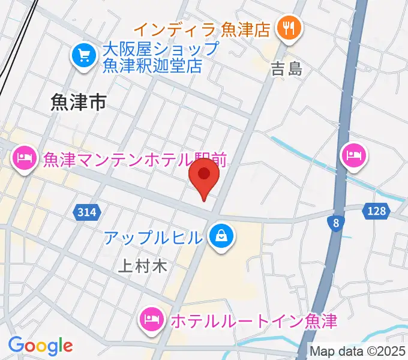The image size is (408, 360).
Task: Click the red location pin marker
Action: click(204, 176)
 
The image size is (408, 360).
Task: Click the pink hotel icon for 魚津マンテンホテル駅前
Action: click(23, 158)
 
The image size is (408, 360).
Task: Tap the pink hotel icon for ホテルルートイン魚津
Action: click(152, 319)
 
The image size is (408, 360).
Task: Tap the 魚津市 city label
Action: click(79, 103)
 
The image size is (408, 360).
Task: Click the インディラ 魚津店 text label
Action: click(202, 28)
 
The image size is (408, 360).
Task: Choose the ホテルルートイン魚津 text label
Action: click(253, 320)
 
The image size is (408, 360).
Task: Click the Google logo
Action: click(40, 346)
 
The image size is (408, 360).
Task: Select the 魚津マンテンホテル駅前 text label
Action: click(134, 160)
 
